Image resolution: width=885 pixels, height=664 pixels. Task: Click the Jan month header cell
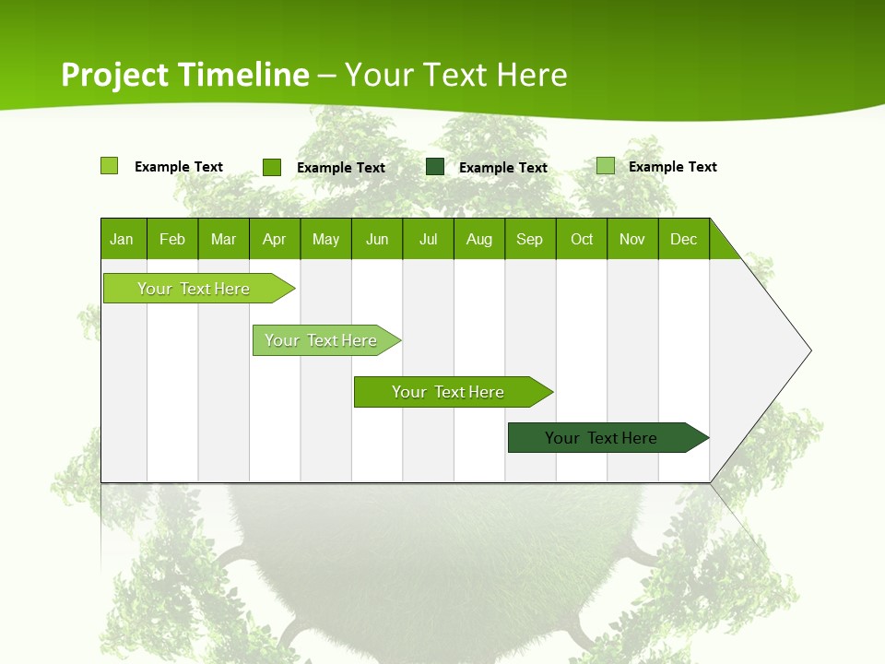pos(123,239)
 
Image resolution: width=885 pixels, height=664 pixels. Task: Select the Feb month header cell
pos(172,239)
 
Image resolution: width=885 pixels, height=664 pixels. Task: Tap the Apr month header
pos(274,239)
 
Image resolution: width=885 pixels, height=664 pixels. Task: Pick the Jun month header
pos(377,239)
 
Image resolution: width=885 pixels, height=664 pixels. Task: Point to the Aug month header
pos(478,239)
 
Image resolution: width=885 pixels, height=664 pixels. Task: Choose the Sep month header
pos(530,239)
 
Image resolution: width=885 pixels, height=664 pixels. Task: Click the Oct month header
pos(582,239)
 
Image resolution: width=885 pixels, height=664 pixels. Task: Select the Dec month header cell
pos(683,239)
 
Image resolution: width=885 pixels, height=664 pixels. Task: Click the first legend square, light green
pos(109,166)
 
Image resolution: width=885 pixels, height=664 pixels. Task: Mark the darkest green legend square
pos(435,167)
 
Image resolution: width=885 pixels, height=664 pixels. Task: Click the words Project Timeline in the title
pos(185,75)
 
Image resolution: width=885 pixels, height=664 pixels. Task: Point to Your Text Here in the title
pos(456,75)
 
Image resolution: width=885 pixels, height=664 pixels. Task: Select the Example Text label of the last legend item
pos(672,167)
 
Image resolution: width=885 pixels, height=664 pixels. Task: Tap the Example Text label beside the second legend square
pos(340,168)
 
